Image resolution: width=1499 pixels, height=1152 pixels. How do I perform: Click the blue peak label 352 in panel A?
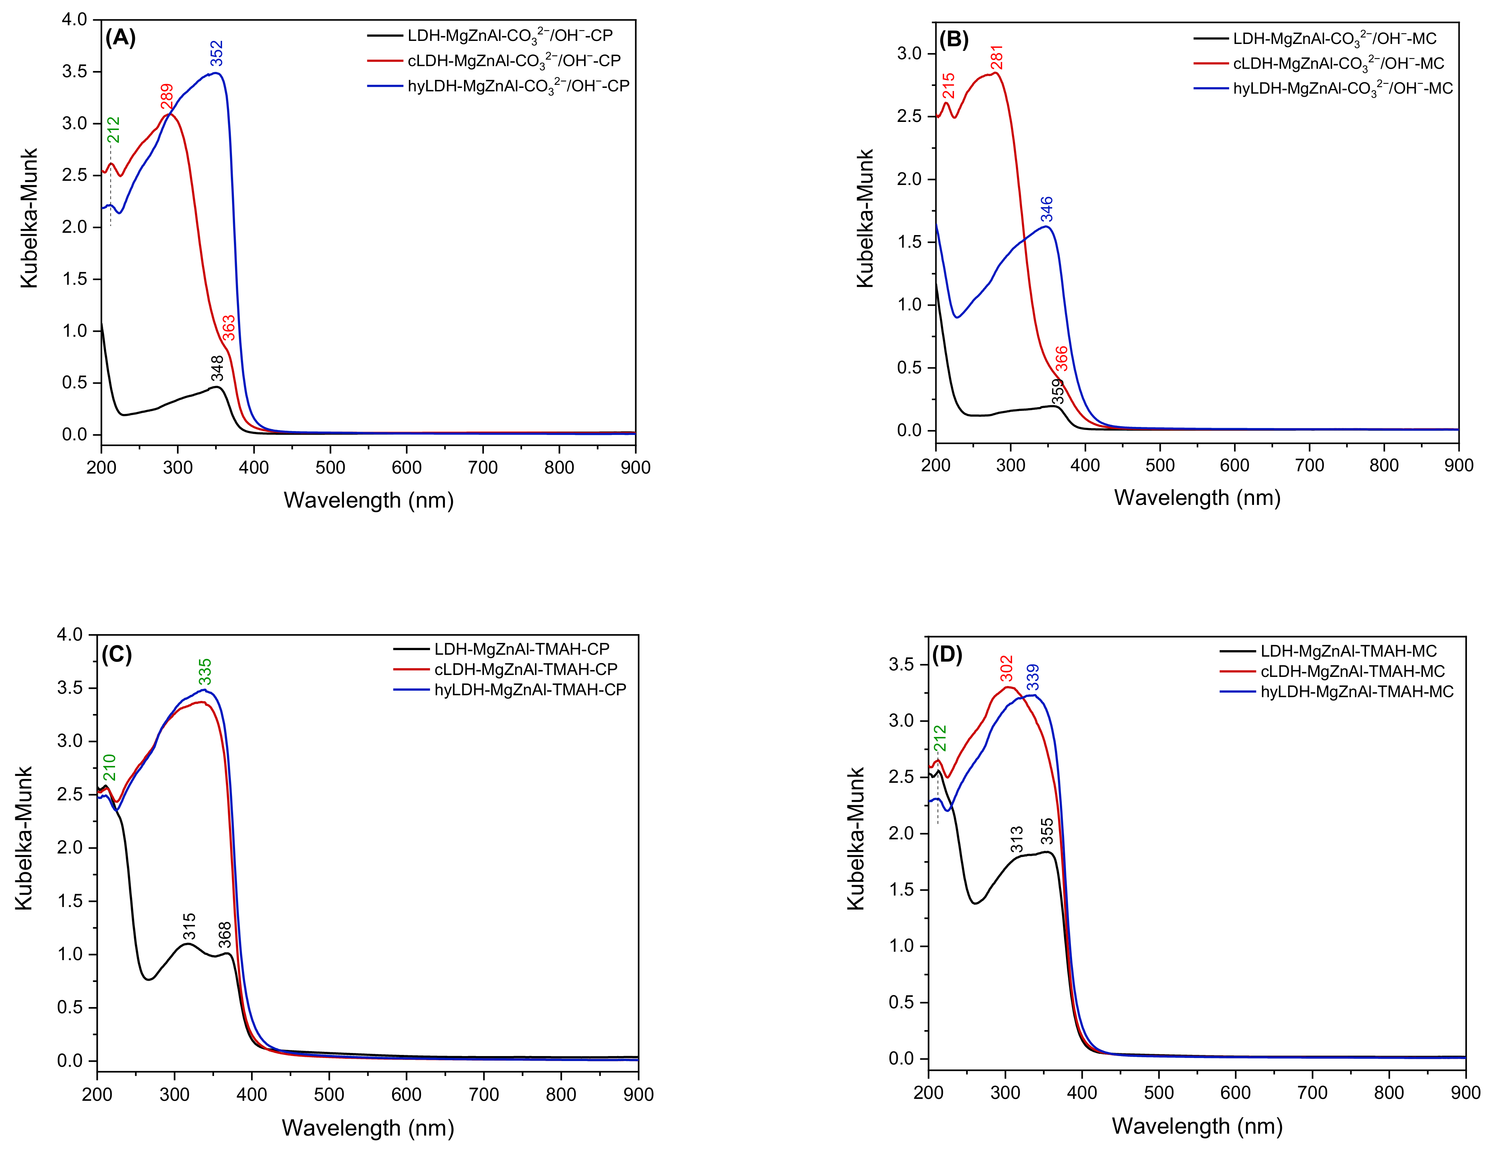pos(217,54)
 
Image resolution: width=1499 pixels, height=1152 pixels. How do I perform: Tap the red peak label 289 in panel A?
pos(167,97)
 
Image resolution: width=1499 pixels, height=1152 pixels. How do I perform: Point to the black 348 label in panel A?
pos(217,368)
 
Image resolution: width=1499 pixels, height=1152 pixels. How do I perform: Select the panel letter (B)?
pos(953,40)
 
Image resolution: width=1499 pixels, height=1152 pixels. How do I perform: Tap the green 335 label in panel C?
pos(205,672)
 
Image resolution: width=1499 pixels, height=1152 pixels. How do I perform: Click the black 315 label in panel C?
pos(189,926)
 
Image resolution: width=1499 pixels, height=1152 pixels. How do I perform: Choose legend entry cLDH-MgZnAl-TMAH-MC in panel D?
pos(1352,671)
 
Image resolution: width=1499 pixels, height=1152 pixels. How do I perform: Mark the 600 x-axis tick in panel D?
pos(1236,1092)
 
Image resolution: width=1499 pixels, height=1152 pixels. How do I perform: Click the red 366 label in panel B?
pos(1061,359)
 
